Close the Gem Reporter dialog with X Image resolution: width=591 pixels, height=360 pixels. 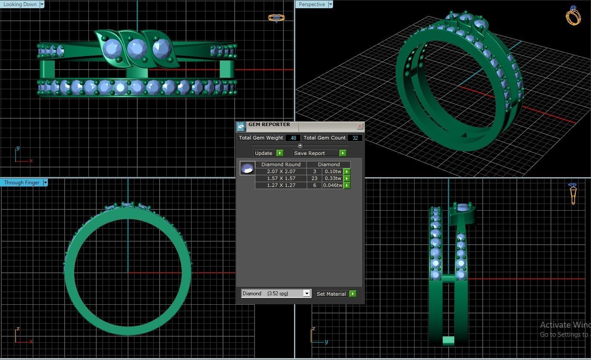360,126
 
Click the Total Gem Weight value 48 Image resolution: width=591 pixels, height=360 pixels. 293,138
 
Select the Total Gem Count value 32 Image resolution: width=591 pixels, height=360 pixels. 355,138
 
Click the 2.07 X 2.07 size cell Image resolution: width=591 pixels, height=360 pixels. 281,171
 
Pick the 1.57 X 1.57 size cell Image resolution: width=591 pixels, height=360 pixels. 281,178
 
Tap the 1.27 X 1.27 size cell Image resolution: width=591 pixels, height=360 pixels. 281,185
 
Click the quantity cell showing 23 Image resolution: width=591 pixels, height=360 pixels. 314,178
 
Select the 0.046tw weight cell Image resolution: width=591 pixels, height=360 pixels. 333,185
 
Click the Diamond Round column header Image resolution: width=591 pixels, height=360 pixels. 281,164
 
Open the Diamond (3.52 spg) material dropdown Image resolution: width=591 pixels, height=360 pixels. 307,294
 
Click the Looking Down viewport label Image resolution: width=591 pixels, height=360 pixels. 20,4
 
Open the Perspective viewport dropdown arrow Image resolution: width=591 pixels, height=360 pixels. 330,4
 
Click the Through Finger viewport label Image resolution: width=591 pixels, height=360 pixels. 22,183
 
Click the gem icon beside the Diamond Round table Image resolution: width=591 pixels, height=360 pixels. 247,168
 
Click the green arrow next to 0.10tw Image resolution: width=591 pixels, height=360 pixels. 347,171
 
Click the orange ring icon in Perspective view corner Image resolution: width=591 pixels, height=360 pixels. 573,16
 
